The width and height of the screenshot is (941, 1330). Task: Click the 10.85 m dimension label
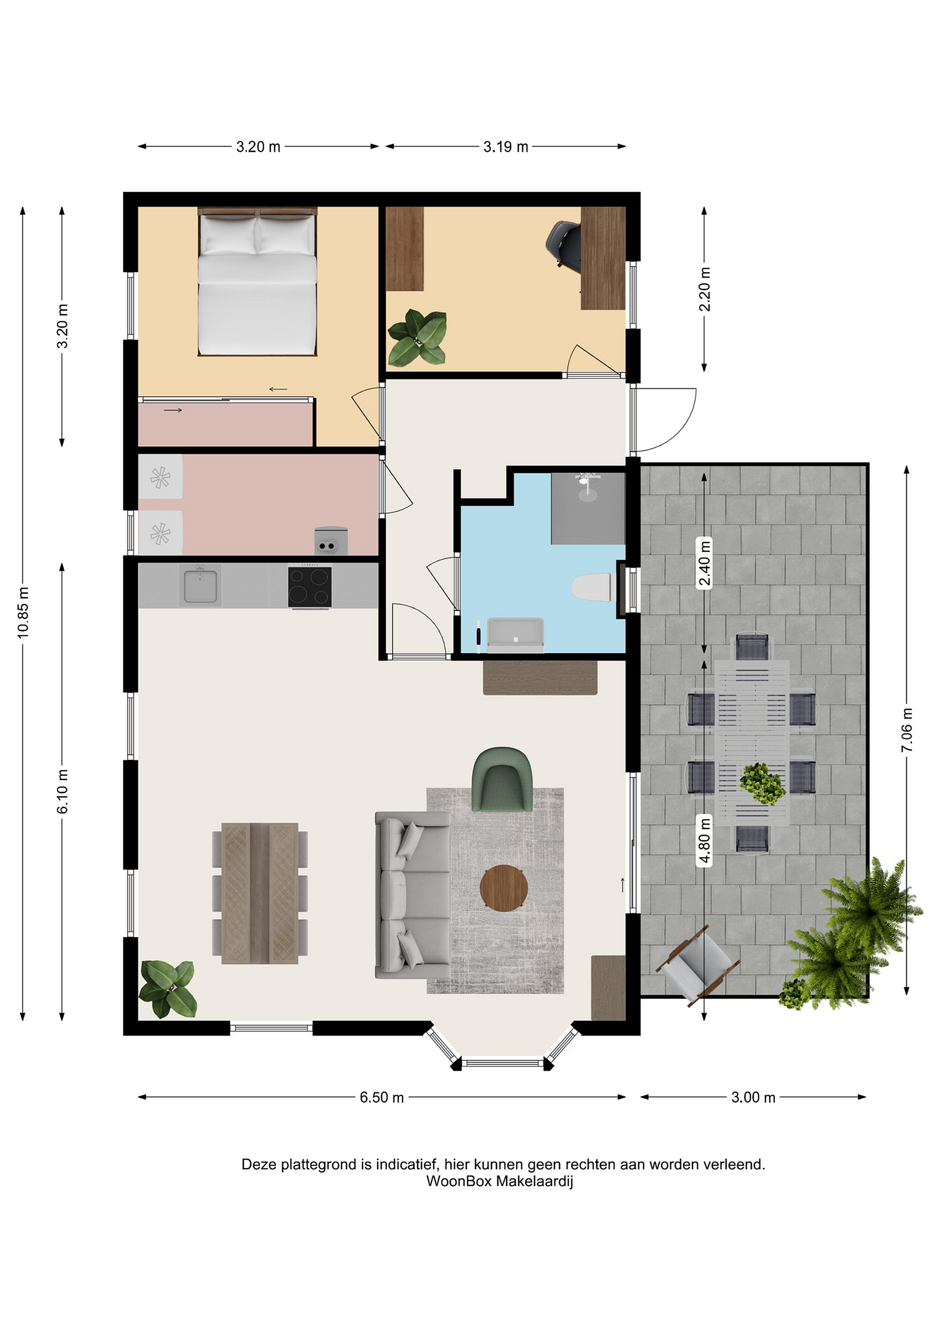pyautogui.click(x=23, y=613)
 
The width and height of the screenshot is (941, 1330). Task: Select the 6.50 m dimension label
pyautogui.click(x=382, y=1098)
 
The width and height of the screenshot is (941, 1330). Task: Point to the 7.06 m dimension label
pyautogui.click(x=907, y=730)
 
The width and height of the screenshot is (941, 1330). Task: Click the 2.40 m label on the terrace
pyautogui.click(x=704, y=563)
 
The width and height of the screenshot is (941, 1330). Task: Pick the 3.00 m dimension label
pyautogui.click(x=753, y=1098)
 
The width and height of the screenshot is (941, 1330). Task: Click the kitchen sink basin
pyautogui.click(x=200, y=586)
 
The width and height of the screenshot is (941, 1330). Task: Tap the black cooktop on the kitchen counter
pyautogui.click(x=310, y=587)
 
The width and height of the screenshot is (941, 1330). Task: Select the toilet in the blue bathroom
pyautogui.click(x=593, y=587)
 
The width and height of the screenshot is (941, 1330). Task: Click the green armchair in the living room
pyautogui.click(x=502, y=780)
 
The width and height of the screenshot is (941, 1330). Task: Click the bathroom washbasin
pyautogui.click(x=516, y=635)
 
